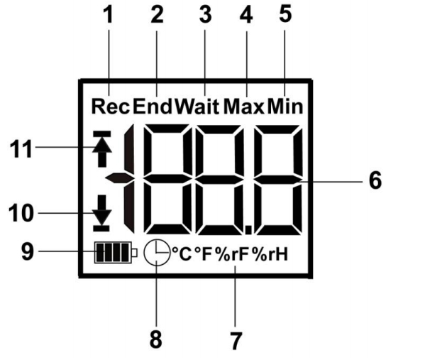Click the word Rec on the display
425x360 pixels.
tap(111, 107)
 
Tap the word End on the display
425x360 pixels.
tap(153, 106)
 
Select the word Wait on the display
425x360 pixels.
tap(197, 106)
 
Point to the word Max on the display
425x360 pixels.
tap(243, 107)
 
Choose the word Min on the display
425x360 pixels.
tap(285, 107)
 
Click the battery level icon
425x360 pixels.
tap(116, 252)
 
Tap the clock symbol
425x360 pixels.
tap(157, 252)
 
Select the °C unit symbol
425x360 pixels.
tap(182, 254)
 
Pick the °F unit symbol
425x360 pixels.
tap(204, 254)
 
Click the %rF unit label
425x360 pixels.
tap(232, 254)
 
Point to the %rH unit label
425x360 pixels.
tap(270, 254)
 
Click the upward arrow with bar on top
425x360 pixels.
tap(102, 148)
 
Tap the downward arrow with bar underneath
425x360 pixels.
tap(101, 213)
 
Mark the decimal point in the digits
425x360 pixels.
tap(248, 229)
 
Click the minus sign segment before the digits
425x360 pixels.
tap(119, 178)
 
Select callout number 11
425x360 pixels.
tap(21, 148)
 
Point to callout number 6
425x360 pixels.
tap(375, 180)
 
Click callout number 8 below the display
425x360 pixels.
tap(156, 339)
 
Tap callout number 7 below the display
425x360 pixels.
tap(236, 341)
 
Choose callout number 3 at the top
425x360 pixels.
tap(205, 14)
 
